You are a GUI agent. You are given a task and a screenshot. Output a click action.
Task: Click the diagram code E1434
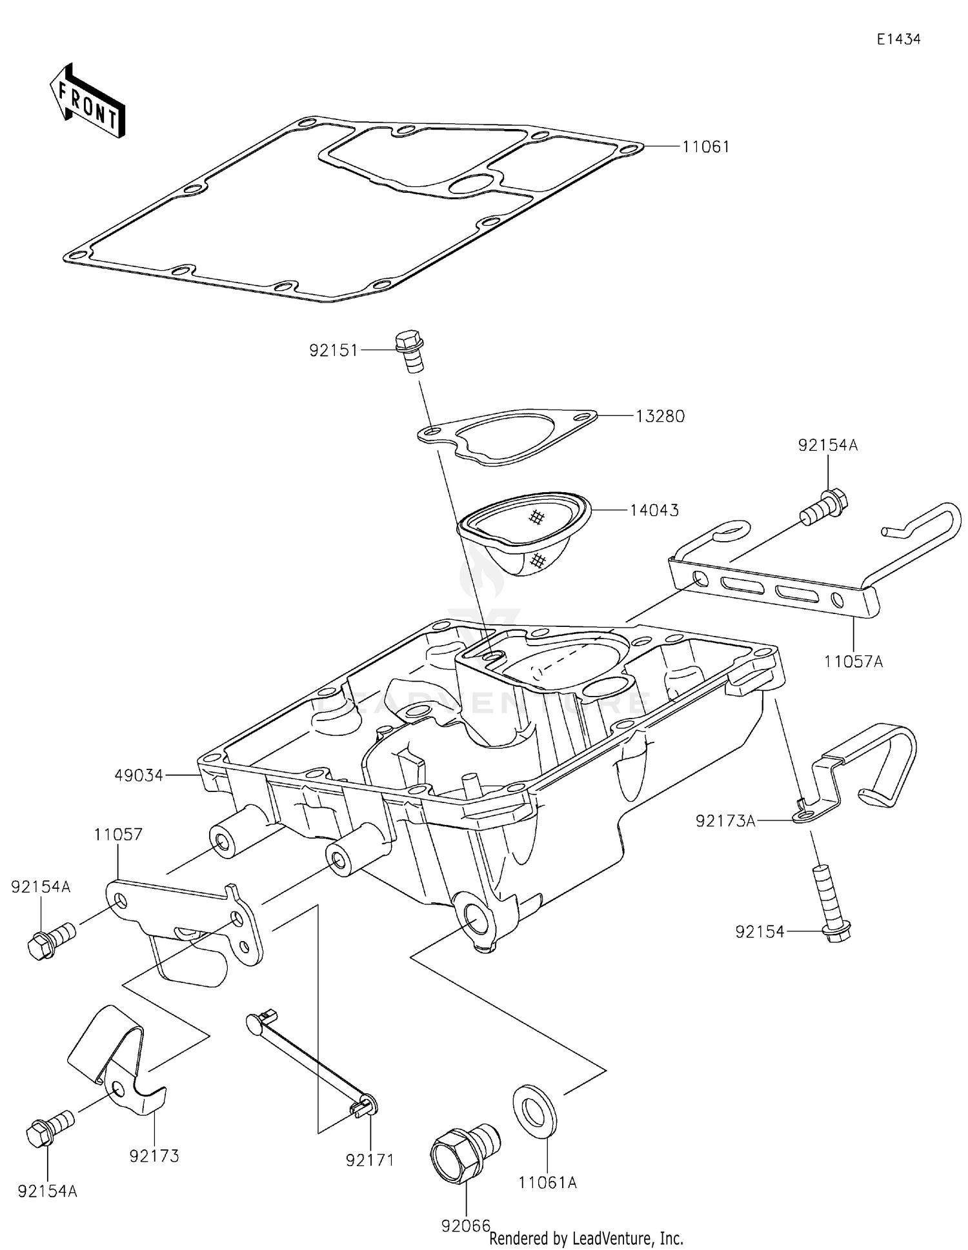click(898, 39)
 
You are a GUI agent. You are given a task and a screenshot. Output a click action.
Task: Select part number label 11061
click(706, 147)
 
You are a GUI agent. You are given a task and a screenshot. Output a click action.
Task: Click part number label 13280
click(660, 417)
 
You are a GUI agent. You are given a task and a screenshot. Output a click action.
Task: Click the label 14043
click(654, 511)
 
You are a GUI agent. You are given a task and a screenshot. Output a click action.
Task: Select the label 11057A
click(853, 661)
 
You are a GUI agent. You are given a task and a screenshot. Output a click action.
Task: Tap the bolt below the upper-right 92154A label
click(824, 502)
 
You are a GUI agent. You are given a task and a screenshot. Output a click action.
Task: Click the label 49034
click(139, 775)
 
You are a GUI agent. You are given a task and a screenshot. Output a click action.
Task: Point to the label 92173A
click(725, 821)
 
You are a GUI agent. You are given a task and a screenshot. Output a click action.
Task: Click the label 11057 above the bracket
click(118, 835)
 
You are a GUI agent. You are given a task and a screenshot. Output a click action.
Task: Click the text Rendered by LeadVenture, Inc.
click(586, 1238)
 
